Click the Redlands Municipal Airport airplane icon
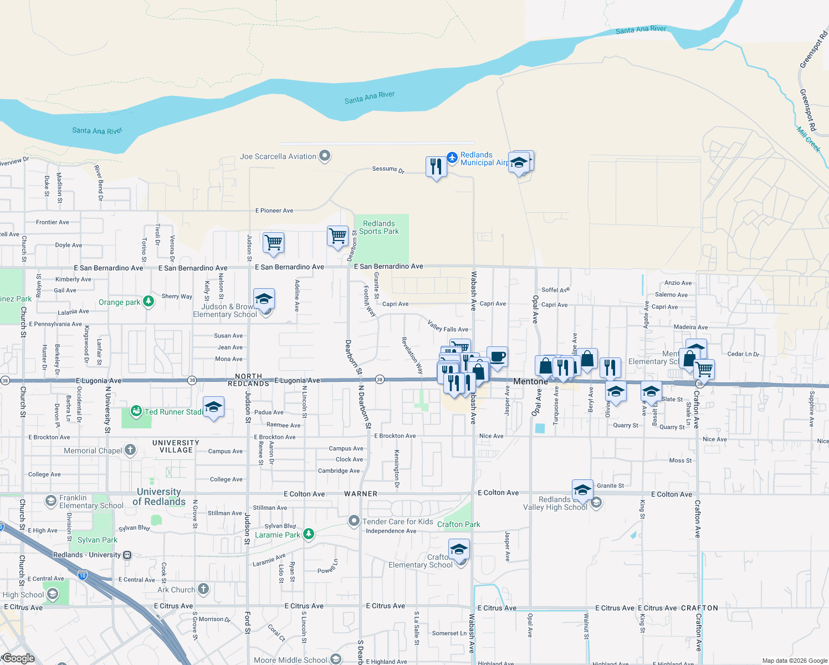click(x=452, y=158)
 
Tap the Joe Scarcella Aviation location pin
click(x=325, y=156)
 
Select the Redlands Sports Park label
click(x=379, y=227)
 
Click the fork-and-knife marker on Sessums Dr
click(x=436, y=166)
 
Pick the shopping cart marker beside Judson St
click(x=273, y=242)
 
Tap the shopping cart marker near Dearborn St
click(x=337, y=236)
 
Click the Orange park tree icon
click(x=149, y=301)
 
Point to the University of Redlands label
click(x=159, y=497)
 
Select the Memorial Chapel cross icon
click(x=130, y=450)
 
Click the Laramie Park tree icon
click(x=309, y=534)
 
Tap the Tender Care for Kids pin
click(x=354, y=521)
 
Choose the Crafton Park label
click(x=458, y=524)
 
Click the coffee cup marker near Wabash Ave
click(x=497, y=357)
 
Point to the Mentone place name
click(x=530, y=381)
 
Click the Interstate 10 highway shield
click(x=83, y=575)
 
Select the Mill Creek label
click(x=808, y=139)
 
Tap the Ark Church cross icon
click(x=203, y=589)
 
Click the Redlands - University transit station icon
click(x=127, y=555)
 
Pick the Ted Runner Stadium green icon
click(x=136, y=411)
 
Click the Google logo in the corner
click(x=18, y=658)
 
